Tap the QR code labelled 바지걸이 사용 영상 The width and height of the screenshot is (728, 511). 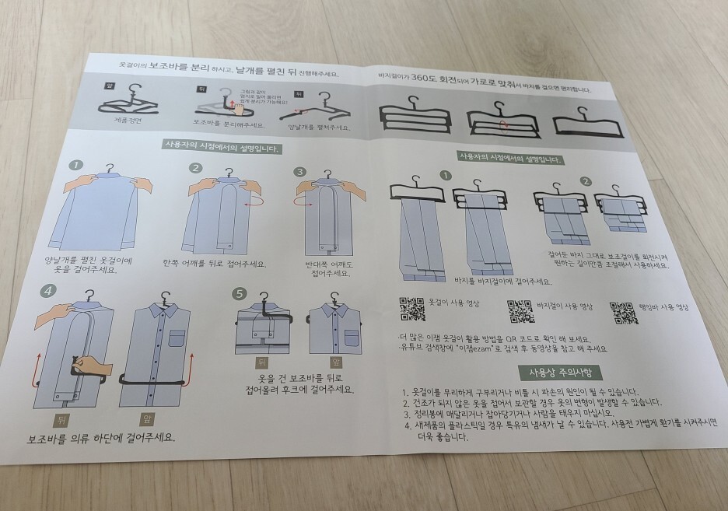(520, 310)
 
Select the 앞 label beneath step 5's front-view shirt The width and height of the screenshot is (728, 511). (336, 362)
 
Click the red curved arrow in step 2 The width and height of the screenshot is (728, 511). (250, 201)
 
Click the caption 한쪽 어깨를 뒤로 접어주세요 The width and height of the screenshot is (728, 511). (214, 264)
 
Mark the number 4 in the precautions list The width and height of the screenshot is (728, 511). (407, 426)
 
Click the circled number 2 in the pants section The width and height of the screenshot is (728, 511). (585, 181)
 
